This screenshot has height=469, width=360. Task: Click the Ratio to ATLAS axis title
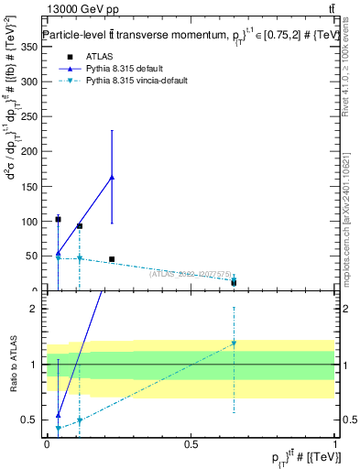(15, 365)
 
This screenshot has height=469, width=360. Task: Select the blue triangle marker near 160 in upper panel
(112, 177)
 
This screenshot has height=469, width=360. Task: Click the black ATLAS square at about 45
(112, 259)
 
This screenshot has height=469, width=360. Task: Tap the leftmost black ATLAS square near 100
(58, 220)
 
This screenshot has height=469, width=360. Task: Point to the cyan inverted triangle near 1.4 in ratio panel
(234, 343)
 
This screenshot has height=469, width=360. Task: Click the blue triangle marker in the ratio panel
(58, 414)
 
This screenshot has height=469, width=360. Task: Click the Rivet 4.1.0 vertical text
(349, 64)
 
